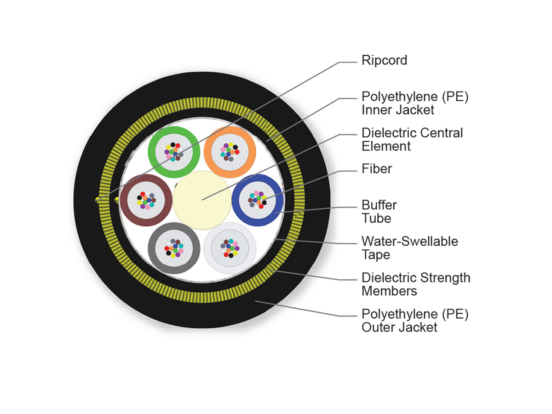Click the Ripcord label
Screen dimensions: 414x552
(x=384, y=60)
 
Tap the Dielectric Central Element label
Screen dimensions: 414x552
(x=412, y=139)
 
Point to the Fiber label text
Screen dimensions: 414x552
(x=377, y=169)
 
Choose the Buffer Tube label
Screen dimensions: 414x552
(x=379, y=211)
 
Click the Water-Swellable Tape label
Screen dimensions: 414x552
(x=409, y=247)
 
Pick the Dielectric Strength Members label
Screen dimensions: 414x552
(x=416, y=284)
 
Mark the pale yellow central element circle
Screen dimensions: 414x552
(x=202, y=200)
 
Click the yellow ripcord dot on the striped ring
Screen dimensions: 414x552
(x=97, y=200)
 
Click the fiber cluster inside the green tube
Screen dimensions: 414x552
(x=174, y=151)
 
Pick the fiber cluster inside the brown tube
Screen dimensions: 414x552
(x=146, y=201)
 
